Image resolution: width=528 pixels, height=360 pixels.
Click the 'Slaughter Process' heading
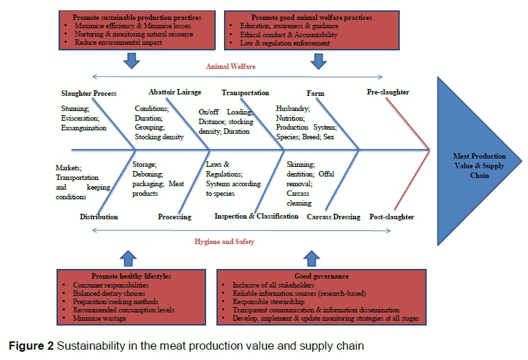click(89, 93)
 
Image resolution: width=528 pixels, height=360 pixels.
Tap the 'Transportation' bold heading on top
click(245, 92)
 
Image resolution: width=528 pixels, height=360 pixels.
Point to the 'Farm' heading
click(315, 92)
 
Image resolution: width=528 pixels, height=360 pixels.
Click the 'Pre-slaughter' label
click(389, 92)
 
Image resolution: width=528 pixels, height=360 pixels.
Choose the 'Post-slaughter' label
click(392, 217)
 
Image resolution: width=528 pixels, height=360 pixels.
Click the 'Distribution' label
click(99, 217)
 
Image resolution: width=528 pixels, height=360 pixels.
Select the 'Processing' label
click(174, 217)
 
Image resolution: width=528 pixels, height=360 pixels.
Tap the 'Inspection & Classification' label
click(256, 217)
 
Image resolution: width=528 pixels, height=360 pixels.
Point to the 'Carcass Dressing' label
click(334, 217)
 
